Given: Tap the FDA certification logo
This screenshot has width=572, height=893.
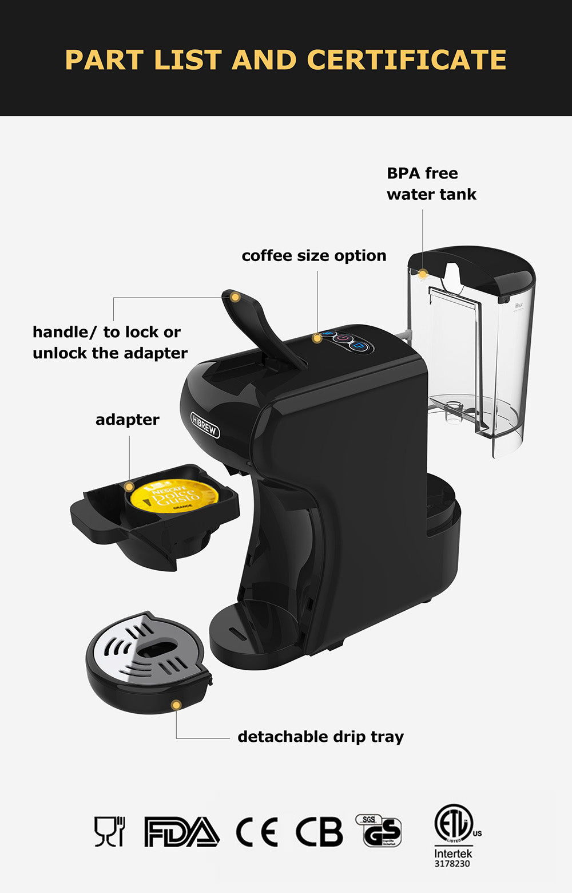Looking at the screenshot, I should coord(181,832).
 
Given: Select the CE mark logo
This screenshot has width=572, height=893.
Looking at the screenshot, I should coord(256,832).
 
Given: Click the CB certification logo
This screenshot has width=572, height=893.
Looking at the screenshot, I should coord(319,832).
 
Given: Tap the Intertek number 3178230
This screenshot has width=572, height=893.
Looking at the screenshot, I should coord(452,864).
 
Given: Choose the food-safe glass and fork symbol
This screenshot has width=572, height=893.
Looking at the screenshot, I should coord(109,831).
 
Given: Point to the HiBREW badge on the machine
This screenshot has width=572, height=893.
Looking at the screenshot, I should coord(205,425).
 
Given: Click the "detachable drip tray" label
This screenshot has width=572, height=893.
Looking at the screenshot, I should coord(320,737).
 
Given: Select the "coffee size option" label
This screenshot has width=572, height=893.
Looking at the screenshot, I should coord(313,256).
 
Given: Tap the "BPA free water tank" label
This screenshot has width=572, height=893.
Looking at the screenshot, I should coord(431,184).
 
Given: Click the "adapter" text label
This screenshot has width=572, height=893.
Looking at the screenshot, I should coord(127,420).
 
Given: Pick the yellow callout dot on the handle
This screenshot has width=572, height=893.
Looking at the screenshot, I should coord(235,297).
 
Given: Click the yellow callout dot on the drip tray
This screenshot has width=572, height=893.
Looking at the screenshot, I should coord(176,705).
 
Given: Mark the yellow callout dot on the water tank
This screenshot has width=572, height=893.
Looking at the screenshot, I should coord(422,274).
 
